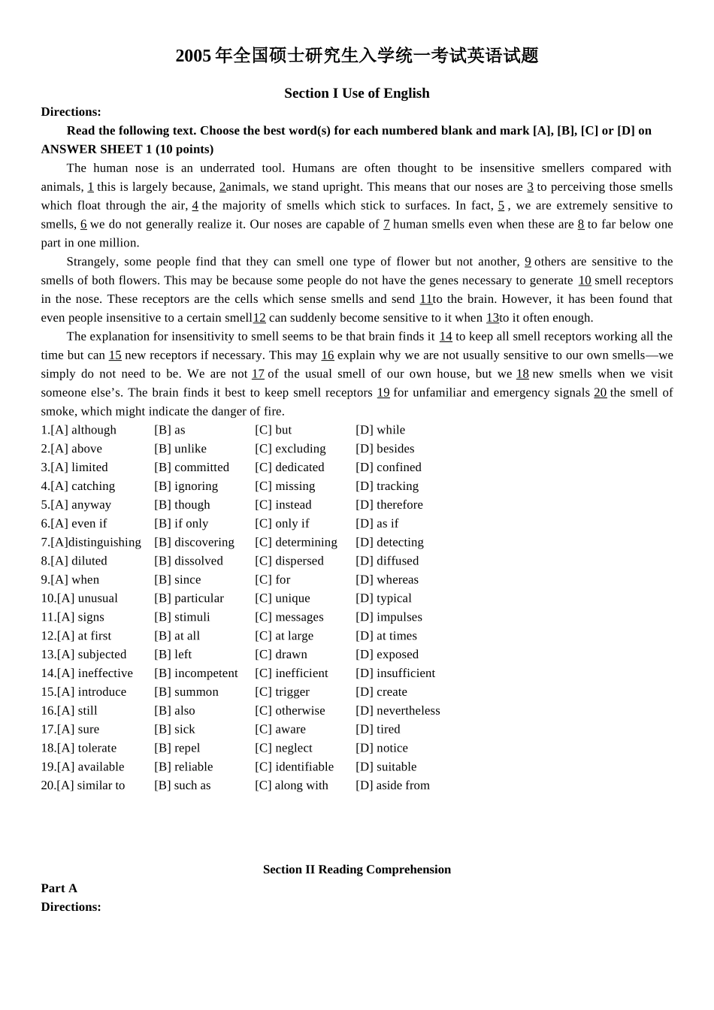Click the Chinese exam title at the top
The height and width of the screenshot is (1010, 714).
click(x=357, y=56)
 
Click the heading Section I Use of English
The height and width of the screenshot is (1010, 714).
click(x=357, y=93)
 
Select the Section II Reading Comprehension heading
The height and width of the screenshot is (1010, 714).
click(x=357, y=869)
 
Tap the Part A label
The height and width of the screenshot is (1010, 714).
click(x=59, y=888)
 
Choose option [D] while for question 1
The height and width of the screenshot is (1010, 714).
click(x=380, y=430)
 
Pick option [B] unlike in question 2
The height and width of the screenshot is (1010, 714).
click(x=180, y=449)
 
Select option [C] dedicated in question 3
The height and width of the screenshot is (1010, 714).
click(x=289, y=467)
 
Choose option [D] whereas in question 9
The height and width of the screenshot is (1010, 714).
click(x=387, y=579)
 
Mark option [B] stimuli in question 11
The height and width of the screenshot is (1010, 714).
click(x=182, y=617)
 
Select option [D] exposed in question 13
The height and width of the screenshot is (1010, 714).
click(x=387, y=655)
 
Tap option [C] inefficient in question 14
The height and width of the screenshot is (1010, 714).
click(x=292, y=673)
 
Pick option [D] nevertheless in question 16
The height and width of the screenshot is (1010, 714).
click(x=398, y=711)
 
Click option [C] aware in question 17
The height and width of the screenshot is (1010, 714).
click(x=280, y=729)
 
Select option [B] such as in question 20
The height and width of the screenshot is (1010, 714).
click(x=183, y=785)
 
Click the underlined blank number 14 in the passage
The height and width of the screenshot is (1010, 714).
click(x=446, y=337)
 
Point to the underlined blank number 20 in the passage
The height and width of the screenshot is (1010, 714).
click(x=600, y=392)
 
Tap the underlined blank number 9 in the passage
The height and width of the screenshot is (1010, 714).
click(x=528, y=262)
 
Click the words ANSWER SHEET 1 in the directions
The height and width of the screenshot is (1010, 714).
click(x=92, y=150)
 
